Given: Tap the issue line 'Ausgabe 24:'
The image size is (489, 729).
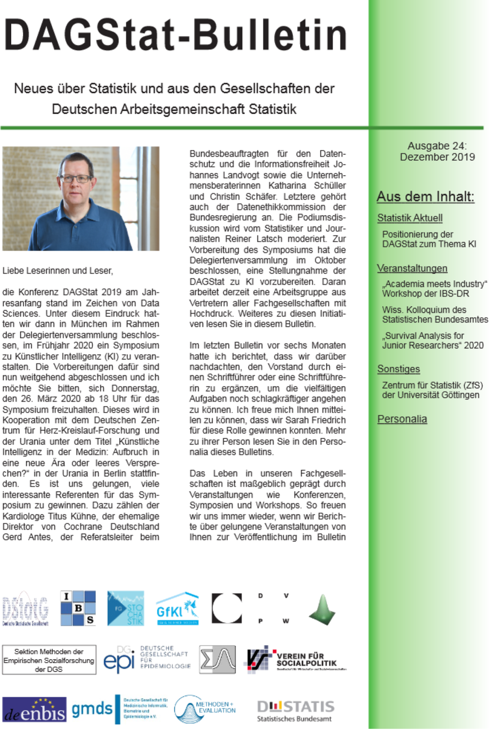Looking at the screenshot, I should pyautogui.click(x=437, y=146).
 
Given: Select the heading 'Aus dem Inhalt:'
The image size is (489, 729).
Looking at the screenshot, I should pyautogui.click(x=425, y=197).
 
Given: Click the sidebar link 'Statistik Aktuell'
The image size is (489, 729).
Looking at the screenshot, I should pyautogui.click(x=409, y=218).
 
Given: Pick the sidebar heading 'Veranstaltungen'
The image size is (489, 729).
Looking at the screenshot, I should pyautogui.click(x=412, y=268).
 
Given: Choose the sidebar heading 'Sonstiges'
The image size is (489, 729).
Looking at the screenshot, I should pyautogui.click(x=398, y=369).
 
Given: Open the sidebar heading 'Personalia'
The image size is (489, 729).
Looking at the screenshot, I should pyautogui.click(x=402, y=419).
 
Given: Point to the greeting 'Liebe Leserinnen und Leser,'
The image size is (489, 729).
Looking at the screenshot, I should pyautogui.click(x=58, y=271).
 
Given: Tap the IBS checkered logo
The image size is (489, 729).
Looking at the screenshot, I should pyautogui.click(x=78, y=608).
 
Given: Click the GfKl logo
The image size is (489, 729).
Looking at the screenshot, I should pyautogui.click(x=177, y=609).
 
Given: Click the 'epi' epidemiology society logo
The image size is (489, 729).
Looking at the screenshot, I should pyautogui.click(x=146, y=660).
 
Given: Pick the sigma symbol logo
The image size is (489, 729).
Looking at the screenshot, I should pyautogui.click(x=217, y=660).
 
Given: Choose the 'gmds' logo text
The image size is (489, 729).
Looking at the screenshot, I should pyautogui.click(x=92, y=709).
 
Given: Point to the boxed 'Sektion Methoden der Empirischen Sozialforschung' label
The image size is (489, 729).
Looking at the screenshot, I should pyautogui.click(x=49, y=660).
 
